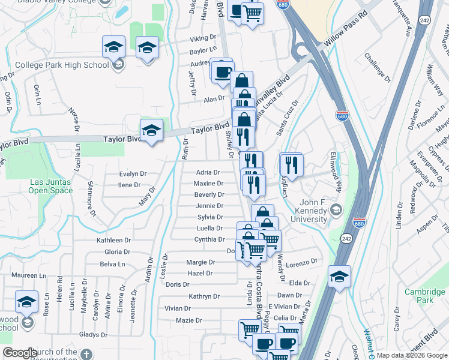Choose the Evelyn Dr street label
tap(133, 173)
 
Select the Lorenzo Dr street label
tap(301, 263)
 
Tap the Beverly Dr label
tap(209, 195)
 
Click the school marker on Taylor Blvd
tap(152, 129)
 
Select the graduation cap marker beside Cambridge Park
tap(340, 276)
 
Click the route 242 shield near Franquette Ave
tap(425, 9)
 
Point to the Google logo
tap(20, 353)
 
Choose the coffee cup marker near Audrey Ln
tap(222, 70)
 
